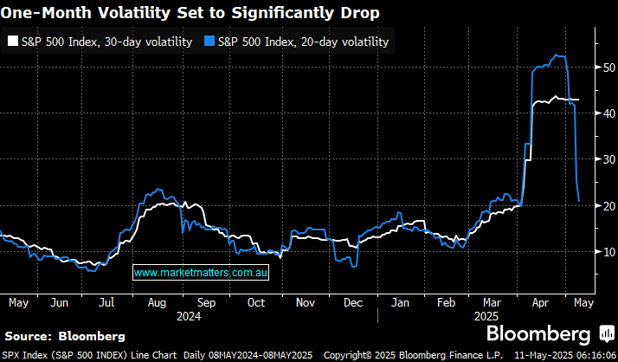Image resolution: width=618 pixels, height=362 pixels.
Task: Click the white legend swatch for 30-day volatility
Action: click(x=13, y=42)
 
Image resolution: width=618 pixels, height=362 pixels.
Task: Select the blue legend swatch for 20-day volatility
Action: click(x=209, y=42)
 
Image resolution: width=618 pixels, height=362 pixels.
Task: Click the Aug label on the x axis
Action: click(x=157, y=303)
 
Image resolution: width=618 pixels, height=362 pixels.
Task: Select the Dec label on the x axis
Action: click(x=352, y=303)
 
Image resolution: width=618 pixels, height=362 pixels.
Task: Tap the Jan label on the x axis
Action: click(x=400, y=303)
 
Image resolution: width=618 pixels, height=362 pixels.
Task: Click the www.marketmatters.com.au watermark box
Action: click(x=202, y=272)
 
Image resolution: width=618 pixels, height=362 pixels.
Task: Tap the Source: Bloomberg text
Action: click(x=65, y=335)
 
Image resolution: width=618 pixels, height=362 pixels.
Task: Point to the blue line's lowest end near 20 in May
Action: click(x=579, y=201)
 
